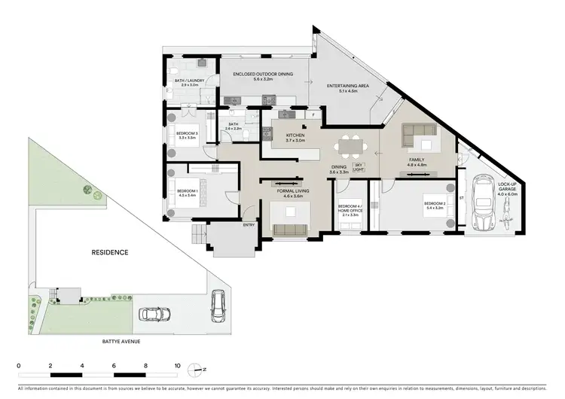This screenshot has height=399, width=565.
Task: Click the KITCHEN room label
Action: pos(295,136)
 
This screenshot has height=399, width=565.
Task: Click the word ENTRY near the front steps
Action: pos(248,225)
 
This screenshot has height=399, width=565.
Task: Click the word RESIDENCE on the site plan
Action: pos(110,252)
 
